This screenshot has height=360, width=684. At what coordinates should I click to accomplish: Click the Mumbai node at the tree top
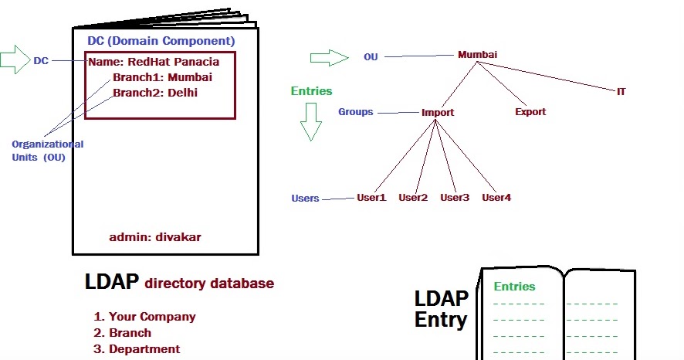[477, 55]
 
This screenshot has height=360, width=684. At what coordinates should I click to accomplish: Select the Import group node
[438, 112]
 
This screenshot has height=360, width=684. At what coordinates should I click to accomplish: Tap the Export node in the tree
[530, 111]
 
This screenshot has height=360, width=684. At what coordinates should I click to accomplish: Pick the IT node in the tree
[621, 91]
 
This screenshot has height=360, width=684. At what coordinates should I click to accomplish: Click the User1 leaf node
[371, 198]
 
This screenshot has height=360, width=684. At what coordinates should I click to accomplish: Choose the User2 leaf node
[413, 198]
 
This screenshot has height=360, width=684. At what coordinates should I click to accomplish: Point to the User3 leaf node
[455, 198]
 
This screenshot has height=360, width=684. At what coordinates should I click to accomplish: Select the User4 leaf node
[496, 198]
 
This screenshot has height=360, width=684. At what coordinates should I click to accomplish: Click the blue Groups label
[355, 112]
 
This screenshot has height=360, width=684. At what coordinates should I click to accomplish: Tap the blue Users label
[305, 199]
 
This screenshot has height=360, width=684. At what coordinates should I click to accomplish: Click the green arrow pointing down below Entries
[311, 121]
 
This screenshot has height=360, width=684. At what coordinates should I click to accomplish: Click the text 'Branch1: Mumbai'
[162, 77]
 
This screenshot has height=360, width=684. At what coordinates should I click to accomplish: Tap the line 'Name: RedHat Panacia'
[154, 62]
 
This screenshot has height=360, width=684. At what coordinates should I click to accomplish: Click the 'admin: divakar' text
[155, 236]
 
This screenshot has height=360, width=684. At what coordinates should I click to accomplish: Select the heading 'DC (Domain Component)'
[161, 40]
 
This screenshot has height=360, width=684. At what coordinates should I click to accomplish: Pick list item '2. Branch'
[122, 333]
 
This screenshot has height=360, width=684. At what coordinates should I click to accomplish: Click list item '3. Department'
[137, 349]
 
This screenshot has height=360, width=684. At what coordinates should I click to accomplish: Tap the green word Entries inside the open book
[514, 287]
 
